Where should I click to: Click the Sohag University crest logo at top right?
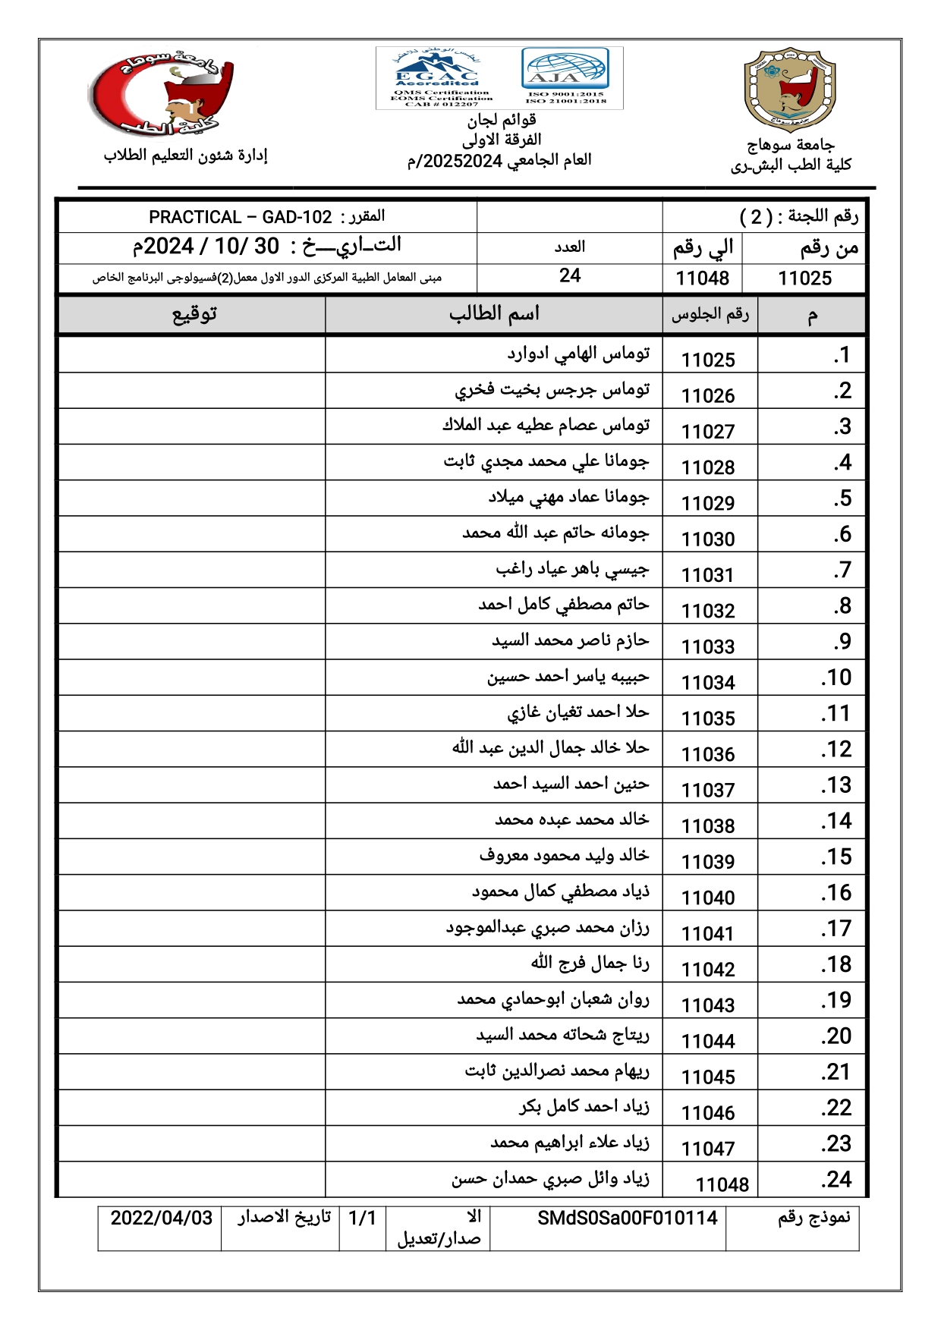[x=790, y=90]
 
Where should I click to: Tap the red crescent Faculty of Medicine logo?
[x=161, y=93]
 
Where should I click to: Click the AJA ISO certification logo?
[x=565, y=77]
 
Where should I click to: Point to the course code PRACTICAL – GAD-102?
[x=241, y=218]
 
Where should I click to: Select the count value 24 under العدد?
[x=569, y=276]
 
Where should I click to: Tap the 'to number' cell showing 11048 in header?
[x=702, y=278]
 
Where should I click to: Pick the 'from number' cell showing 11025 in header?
[x=804, y=278]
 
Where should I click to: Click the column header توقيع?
[x=194, y=314]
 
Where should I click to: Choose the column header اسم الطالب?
[x=493, y=314]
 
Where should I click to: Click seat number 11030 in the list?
[x=708, y=539]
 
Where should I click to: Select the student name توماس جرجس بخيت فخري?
[x=552, y=390]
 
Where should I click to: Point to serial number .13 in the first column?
[x=836, y=785]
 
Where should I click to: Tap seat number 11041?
[x=708, y=934]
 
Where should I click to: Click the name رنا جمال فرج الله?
[x=590, y=964]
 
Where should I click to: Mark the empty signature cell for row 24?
[x=192, y=1180]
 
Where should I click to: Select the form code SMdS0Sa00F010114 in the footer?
[x=627, y=1218]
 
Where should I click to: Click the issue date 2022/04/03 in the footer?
[x=161, y=1218]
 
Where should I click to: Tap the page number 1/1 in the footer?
[x=362, y=1218]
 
